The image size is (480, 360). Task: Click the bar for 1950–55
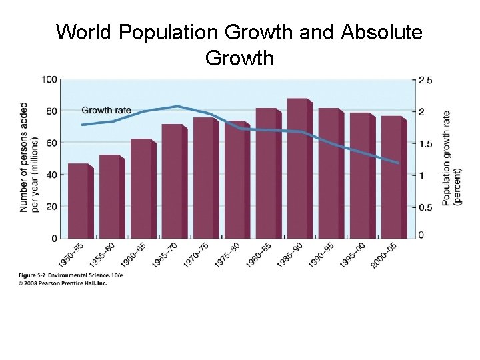click(79, 201)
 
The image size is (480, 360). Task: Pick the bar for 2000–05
click(392, 177)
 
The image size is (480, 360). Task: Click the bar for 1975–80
click(235, 180)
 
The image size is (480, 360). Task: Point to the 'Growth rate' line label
click(105, 110)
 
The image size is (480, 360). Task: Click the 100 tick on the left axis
click(49, 79)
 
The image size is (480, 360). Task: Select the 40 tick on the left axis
click(51, 175)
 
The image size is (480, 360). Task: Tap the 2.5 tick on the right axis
click(425, 80)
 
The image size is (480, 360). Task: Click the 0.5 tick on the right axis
click(425, 207)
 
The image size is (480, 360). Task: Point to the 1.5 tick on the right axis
click(425, 143)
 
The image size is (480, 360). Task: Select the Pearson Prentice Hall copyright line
click(63, 283)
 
